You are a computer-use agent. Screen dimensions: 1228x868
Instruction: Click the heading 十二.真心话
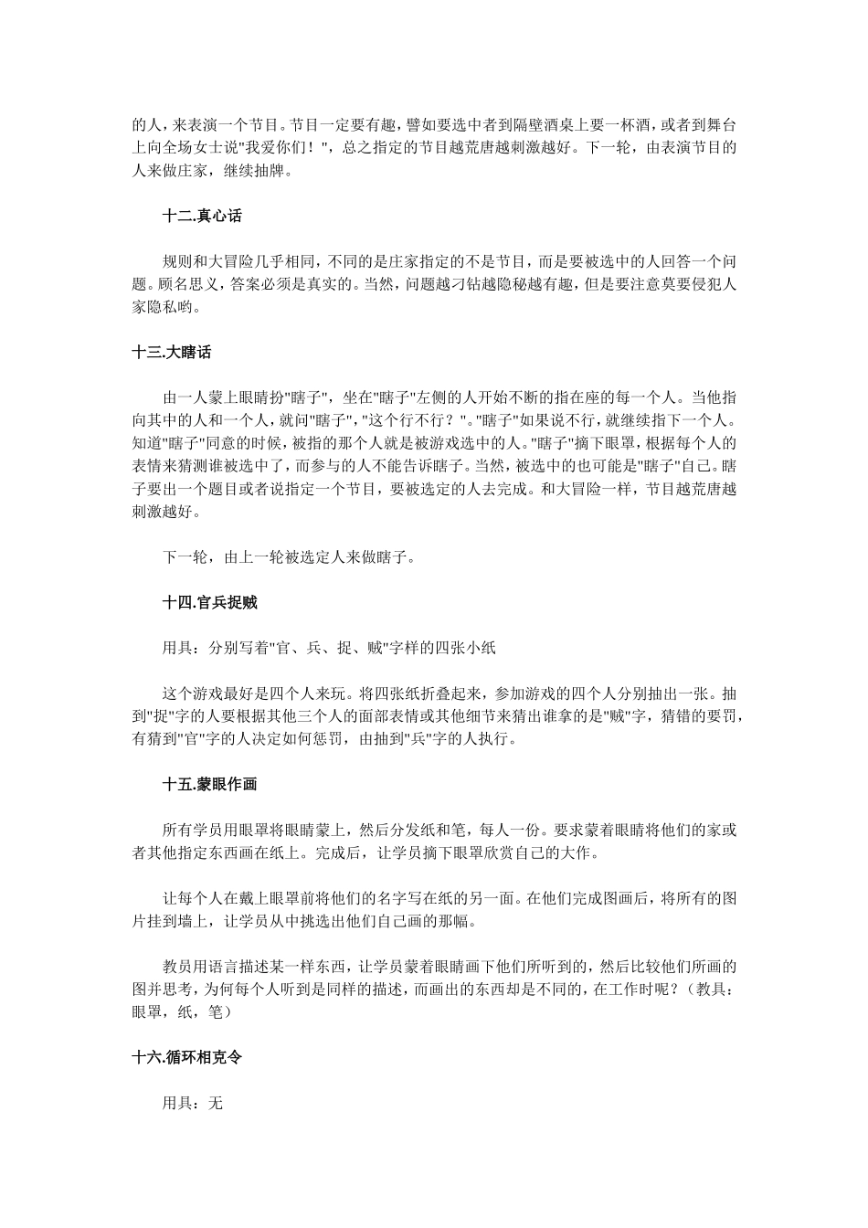202,217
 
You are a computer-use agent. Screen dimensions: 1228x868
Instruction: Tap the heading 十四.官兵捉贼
209,602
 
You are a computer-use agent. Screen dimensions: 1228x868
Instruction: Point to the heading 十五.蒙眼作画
209,784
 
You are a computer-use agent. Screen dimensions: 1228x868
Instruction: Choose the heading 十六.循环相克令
186,1057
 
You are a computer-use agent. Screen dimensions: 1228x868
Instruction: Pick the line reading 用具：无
193,1103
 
